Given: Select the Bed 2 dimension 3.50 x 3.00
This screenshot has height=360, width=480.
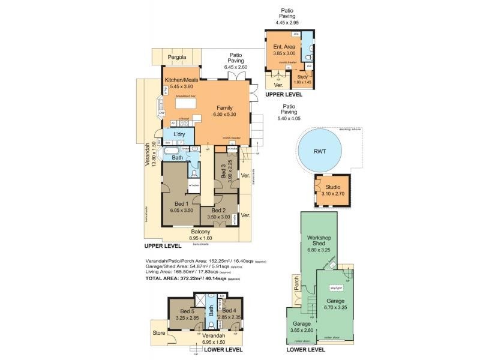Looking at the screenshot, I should click(x=218, y=217).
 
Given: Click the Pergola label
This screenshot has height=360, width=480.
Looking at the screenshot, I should click(x=177, y=58).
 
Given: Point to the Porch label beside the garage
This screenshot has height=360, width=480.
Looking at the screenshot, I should click(x=295, y=283).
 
